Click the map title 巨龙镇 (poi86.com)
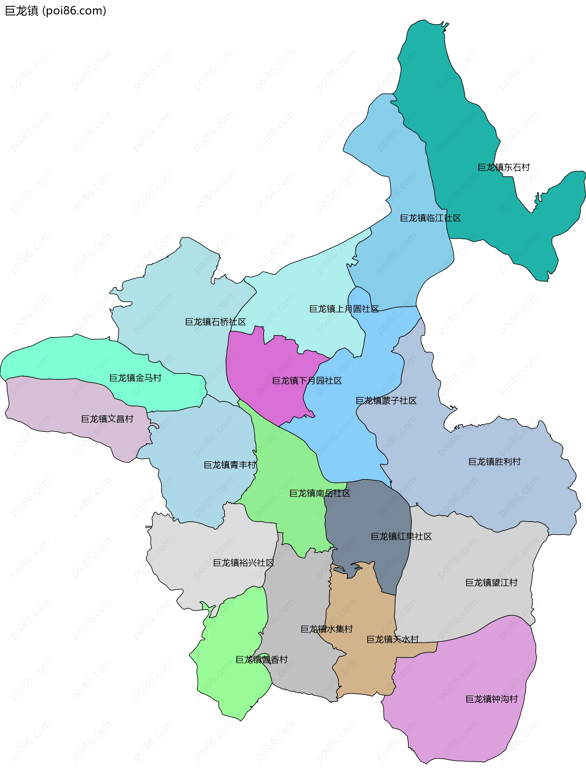tap(56, 11)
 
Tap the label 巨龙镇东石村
tap(503, 167)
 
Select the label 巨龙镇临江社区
tap(430, 218)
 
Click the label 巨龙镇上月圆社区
tap(344, 309)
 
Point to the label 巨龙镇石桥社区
tap(215, 322)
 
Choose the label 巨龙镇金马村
tap(135, 378)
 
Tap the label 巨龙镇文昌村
tap(107, 419)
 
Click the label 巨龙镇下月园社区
tap(307, 381)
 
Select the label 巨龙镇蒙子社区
tap(386, 400)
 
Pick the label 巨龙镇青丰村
tap(230, 465)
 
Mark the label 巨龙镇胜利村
tap(494, 461)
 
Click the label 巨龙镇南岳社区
tap(320, 493)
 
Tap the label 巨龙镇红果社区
tap(401, 536)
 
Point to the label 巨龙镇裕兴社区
tap(243, 563)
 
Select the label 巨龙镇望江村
tap(491, 582)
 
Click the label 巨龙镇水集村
tap(326, 629)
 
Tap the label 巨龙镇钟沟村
tap(491, 699)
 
